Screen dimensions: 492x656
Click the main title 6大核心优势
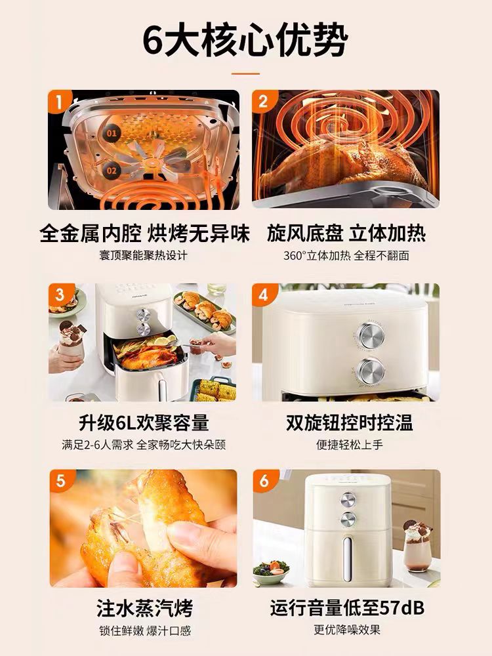coord(245,41)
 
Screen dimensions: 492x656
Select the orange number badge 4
coord(264,295)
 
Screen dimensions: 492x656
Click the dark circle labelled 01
coord(112,133)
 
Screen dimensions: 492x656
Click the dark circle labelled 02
coord(112,171)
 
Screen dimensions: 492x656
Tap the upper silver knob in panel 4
coord(371,335)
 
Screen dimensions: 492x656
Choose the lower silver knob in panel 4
coord(371,371)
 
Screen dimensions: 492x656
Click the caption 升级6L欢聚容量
coord(144,422)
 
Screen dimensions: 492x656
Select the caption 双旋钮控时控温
coord(350,422)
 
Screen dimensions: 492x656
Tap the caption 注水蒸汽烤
coord(145,608)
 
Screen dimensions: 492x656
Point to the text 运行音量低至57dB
coord(347,608)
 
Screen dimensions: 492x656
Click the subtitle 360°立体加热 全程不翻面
coord(346,255)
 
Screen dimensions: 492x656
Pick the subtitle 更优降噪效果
coord(347,629)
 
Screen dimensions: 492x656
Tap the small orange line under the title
coord(245,73)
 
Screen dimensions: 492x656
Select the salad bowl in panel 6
coord(272,571)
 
